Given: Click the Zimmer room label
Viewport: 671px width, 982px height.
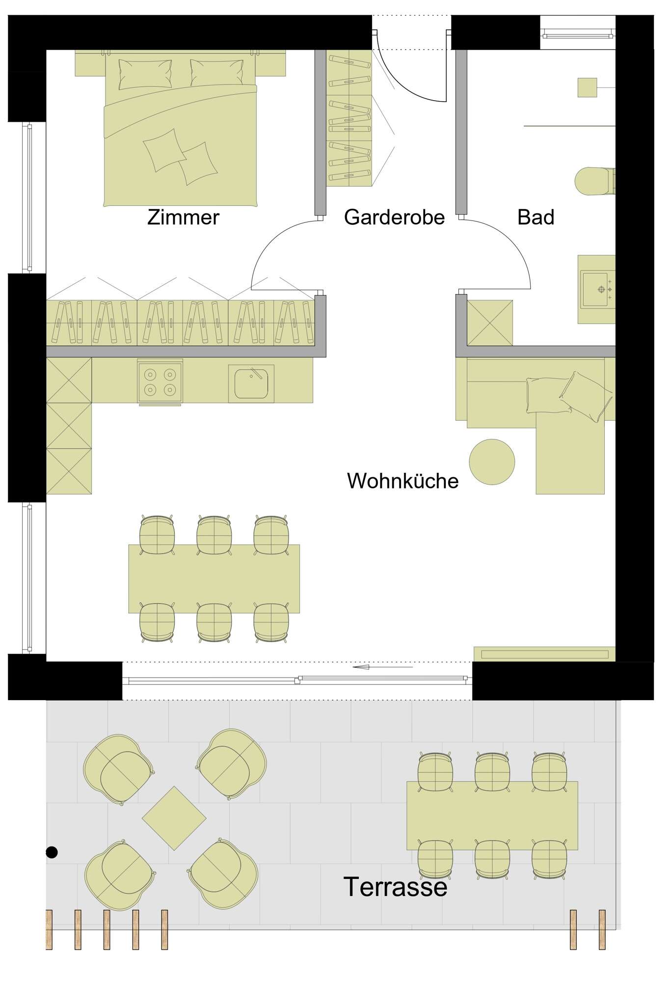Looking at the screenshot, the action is (183, 217).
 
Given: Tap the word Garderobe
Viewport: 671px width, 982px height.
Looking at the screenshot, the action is (394, 217).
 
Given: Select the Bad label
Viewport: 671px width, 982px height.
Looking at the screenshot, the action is (536, 217).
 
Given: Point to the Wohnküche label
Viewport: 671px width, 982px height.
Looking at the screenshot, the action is (403, 481).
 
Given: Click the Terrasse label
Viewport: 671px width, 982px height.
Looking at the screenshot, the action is (395, 887).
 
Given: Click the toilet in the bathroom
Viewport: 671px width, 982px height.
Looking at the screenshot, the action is (594, 181).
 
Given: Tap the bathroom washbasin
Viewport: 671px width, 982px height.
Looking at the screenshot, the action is (597, 289).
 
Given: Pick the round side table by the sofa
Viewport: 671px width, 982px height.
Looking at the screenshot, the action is (492, 462).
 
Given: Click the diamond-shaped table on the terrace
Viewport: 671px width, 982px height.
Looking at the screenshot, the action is (174, 818).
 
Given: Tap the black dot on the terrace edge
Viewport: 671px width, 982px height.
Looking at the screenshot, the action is (52, 852).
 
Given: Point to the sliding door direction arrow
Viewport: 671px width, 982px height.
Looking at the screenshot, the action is (383, 667).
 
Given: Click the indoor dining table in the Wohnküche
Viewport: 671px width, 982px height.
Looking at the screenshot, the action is (214, 578).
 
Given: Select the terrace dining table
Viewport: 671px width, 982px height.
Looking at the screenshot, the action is (492, 816).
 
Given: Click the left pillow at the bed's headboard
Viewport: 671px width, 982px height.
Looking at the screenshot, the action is (145, 74).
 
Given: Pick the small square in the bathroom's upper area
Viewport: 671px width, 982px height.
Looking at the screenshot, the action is (587, 87).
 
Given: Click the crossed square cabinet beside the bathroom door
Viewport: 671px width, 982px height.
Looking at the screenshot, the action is (489, 323).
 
